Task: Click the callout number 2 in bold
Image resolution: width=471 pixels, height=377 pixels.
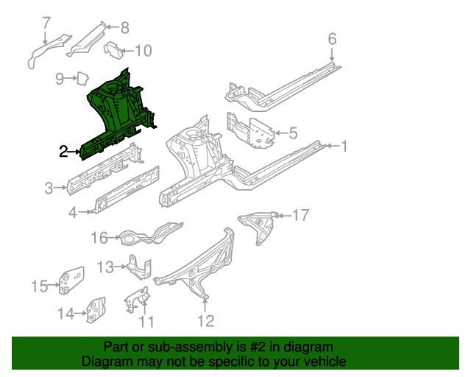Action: (64, 151)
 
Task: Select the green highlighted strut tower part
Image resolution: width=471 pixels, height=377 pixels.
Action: (118, 110)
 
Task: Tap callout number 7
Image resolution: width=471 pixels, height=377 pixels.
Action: (46, 22)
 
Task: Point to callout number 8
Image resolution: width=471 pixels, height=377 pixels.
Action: (124, 29)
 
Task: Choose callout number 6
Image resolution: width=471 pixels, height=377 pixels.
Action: (332, 39)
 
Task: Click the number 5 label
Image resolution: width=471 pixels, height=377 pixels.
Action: (293, 133)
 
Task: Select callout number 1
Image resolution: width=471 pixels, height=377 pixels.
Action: (342, 146)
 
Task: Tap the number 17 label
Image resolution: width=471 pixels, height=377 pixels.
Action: (301, 215)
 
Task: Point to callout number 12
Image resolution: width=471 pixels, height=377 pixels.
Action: (205, 320)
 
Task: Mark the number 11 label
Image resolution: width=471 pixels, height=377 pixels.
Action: (147, 322)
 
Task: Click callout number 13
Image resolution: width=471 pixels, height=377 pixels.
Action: (106, 267)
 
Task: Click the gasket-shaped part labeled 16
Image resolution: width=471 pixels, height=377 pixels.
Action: (147, 235)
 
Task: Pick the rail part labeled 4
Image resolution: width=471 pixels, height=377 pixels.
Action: (125, 194)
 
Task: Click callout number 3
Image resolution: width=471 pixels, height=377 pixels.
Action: (49, 188)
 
